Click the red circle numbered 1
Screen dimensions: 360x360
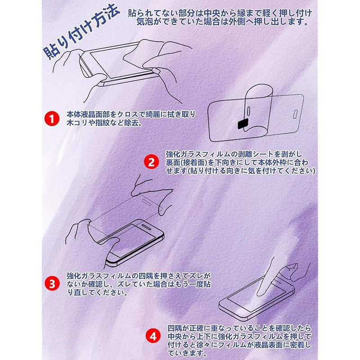click(52, 119)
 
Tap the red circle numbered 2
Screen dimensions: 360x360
click(151, 162)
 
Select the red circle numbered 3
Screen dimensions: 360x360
click(52, 283)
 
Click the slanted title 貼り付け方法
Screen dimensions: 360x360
click(81, 32)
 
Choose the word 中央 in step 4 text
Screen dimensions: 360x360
click(175, 337)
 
